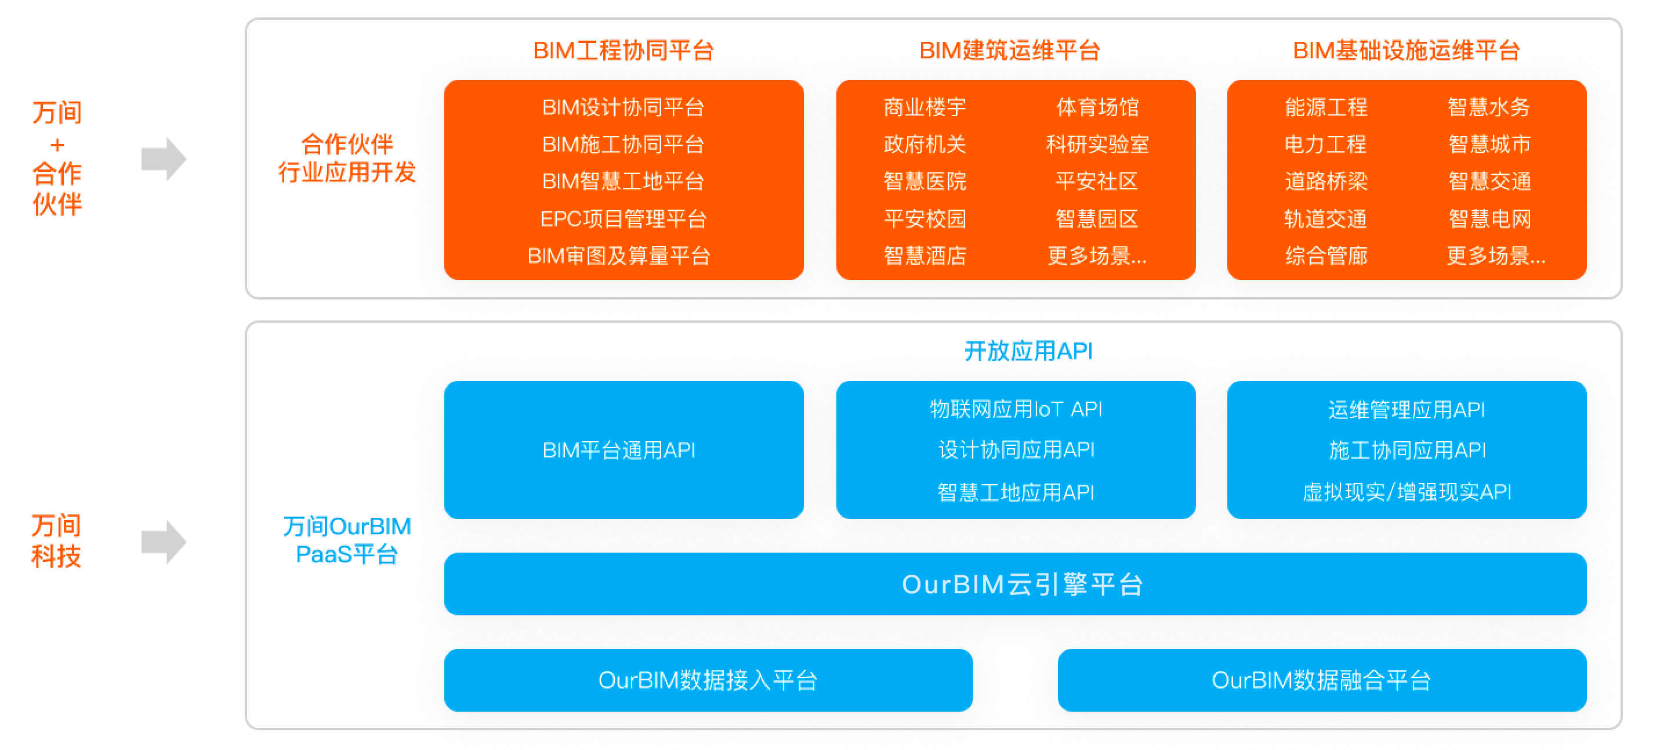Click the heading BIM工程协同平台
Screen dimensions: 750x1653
[x=623, y=51]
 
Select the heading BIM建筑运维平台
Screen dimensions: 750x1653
[x=1010, y=51]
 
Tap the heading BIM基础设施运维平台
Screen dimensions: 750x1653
[x=1406, y=51]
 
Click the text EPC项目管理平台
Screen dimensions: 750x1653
[x=623, y=219]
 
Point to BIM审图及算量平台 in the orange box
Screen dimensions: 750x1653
[x=619, y=256]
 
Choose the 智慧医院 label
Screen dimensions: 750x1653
[x=925, y=182]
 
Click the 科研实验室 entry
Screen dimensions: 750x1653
[x=1097, y=145]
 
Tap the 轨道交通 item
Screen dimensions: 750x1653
[x=1326, y=219]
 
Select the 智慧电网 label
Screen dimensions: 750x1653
[x=1489, y=219]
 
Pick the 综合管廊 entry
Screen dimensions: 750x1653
[x=1326, y=256]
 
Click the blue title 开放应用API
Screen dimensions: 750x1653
[x=1028, y=351]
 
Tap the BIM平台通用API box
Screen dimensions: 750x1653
[x=623, y=449]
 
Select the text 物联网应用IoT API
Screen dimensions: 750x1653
[x=1016, y=409]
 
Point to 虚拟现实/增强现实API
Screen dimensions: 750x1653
[x=1406, y=492]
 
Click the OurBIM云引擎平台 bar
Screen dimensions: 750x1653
[x=1015, y=584]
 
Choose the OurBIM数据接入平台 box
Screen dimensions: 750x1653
[x=708, y=680]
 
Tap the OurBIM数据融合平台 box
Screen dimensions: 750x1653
[x=1322, y=680]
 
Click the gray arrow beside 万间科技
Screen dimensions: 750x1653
[x=164, y=541]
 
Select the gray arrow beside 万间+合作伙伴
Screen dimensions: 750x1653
[x=164, y=158]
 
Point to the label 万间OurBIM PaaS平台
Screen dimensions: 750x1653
[x=347, y=540]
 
